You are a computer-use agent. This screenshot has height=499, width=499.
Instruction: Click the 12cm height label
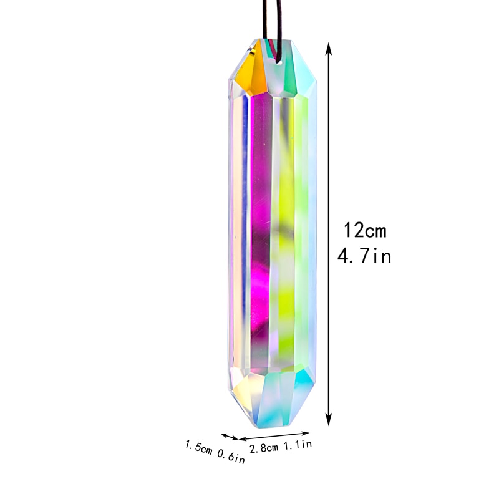pyautogui.click(x=366, y=230)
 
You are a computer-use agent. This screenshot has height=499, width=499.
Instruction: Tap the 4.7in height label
pyautogui.click(x=365, y=255)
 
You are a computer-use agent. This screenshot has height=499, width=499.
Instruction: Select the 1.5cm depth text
pyautogui.click(x=198, y=448)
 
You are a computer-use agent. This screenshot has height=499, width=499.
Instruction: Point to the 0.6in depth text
pyautogui.click(x=230, y=457)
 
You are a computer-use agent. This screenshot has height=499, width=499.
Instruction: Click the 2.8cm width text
pyautogui.click(x=264, y=447)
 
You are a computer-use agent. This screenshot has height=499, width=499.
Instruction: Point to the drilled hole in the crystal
pyautogui.click(x=276, y=61)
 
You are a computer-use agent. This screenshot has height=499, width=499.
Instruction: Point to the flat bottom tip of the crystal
pyautogui.click(x=269, y=424)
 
